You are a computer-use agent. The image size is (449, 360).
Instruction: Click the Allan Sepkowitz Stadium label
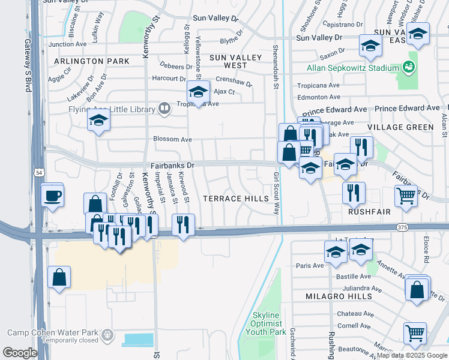coord(353,68)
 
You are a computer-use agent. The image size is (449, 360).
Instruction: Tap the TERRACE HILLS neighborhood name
coord(235,199)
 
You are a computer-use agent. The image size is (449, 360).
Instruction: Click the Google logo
coord(20,352)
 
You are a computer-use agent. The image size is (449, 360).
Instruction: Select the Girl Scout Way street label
coord(277,194)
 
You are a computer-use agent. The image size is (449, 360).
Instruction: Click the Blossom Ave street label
coord(173,139)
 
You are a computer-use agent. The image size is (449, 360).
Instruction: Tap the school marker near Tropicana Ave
coord(197,91)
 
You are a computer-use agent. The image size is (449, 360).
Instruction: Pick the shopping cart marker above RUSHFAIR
coord(406,195)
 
